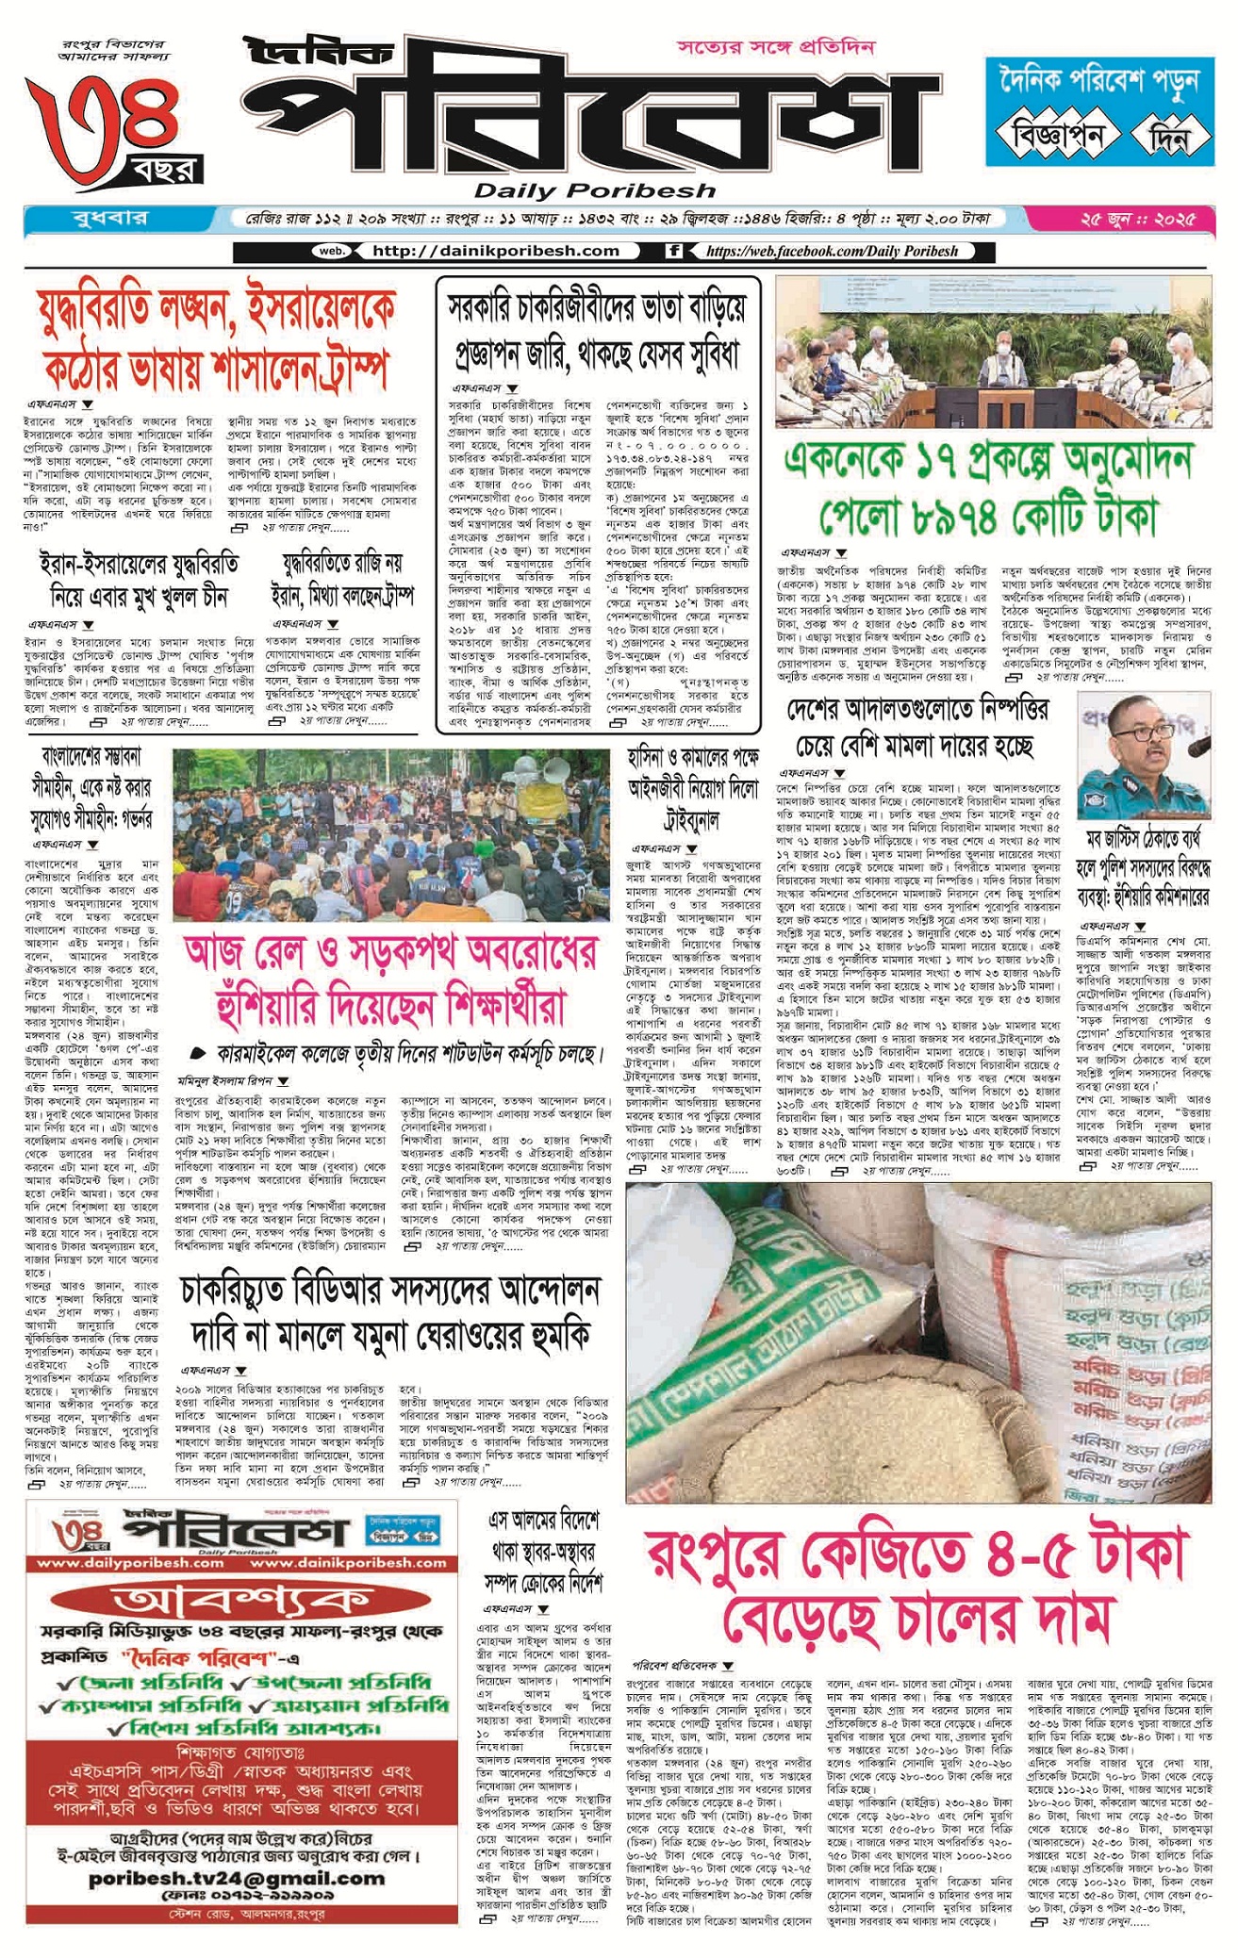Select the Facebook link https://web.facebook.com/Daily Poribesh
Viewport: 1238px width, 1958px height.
click(831, 252)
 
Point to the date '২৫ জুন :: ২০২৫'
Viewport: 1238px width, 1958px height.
click(1137, 220)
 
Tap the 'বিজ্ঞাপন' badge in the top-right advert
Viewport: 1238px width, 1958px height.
click(1058, 137)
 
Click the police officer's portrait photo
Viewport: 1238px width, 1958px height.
click(1144, 757)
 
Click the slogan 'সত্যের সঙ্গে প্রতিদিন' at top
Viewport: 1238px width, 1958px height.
click(775, 46)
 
